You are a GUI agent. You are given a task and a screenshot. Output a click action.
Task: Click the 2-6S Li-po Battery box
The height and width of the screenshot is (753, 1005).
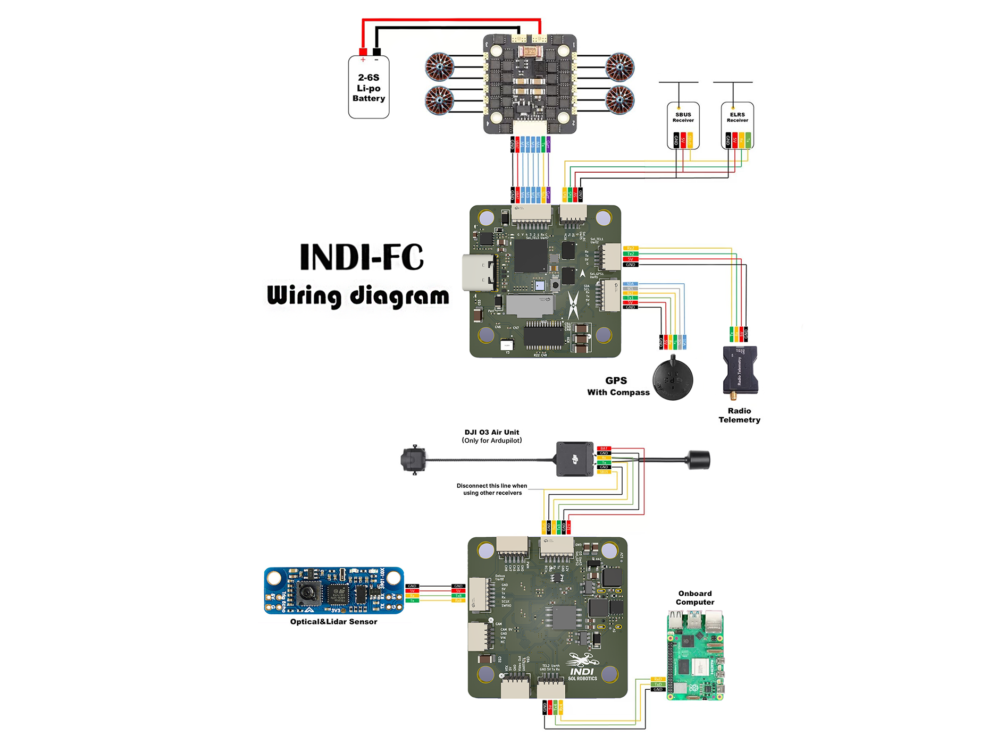[x=368, y=88]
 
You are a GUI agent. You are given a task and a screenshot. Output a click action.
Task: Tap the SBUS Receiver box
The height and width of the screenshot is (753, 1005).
[x=683, y=125]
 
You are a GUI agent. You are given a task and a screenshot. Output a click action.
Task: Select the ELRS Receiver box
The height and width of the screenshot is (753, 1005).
[x=737, y=125]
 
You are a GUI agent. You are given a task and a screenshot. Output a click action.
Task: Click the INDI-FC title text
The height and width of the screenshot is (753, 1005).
[x=362, y=257]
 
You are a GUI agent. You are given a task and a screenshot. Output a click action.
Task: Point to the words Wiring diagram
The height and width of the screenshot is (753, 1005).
[x=358, y=296]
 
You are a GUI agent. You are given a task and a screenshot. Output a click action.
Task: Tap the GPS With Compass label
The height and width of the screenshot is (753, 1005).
[x=617, y=386]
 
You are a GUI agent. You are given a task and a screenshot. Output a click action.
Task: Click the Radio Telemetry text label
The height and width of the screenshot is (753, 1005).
[x=739, y=415]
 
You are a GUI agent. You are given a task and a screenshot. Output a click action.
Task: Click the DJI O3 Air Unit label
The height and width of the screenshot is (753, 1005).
[x=491, y=436]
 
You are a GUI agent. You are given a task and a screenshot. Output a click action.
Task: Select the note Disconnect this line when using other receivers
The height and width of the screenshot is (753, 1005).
[x=492, y=489]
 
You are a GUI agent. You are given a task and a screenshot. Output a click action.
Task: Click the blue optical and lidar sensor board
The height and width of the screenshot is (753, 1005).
[x=334, y=590]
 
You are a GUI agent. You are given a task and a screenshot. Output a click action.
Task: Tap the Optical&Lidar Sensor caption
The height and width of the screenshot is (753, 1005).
[x=333, y=622]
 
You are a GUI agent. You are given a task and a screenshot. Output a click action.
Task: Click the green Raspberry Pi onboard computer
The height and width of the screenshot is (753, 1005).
[x=695, y=655]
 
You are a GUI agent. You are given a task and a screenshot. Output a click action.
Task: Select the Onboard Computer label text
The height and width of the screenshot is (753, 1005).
[x=694, y=598]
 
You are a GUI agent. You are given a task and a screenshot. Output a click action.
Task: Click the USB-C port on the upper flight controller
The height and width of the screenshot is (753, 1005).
[x=479, y=273]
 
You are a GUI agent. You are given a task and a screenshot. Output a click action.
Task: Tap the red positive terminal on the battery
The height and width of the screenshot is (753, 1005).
[x=363, y=52]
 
